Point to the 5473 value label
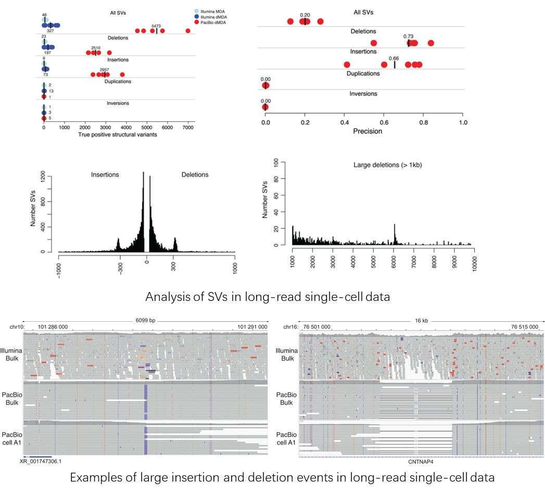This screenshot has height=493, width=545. (x=156, y=25)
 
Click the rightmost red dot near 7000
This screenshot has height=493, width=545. (x=188, y=31)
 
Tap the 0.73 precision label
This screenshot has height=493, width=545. (x=409, y=36)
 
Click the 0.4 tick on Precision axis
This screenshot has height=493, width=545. (x=345, y=123)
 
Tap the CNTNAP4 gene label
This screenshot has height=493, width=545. (x=417, y=461)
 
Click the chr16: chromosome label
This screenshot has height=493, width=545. (x=289, y=327)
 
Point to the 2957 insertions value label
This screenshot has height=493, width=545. (x=106, y=68)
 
